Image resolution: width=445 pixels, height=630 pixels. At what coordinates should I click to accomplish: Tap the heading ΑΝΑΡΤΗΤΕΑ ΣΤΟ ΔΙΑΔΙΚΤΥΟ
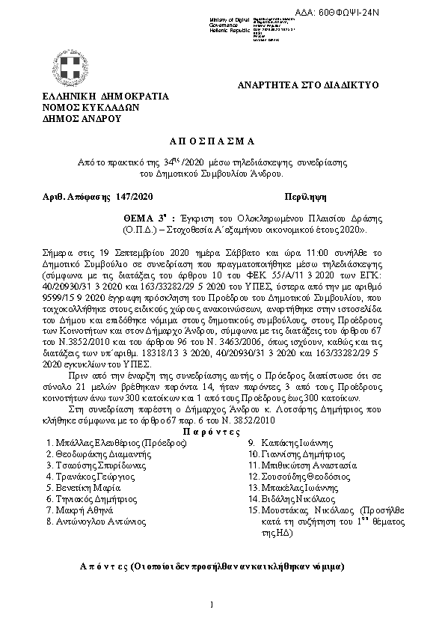308,85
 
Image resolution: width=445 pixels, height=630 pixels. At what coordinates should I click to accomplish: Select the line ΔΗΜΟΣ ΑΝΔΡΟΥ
82,118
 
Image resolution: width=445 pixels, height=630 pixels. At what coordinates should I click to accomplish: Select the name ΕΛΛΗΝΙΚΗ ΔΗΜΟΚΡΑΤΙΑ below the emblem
105,97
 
